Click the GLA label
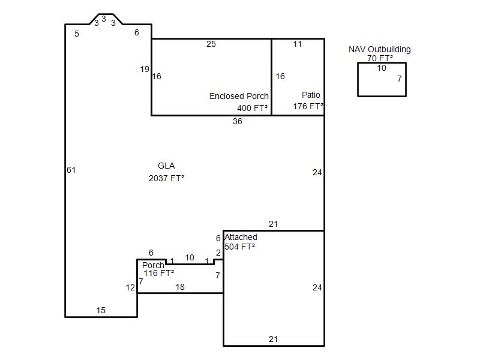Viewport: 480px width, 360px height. [166, 166]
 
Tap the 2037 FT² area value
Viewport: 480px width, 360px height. [166, 178]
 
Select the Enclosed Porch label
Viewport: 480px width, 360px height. [239, 96]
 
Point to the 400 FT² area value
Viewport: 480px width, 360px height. [252, 108]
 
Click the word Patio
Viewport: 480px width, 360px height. [311, 95]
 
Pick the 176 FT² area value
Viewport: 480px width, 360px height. [308, 106]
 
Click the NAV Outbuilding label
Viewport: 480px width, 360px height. [380, 49]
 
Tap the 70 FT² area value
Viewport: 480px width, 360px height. [380, 58]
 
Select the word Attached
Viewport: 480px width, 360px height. [241, 237]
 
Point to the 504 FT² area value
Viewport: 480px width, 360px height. [239, 247]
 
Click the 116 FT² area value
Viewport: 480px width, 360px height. [158, 273]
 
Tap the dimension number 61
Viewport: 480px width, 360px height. [71, 170]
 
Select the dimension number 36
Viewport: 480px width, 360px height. [237, 122]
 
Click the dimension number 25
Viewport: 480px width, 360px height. [211, 44]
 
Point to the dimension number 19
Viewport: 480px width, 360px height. [145, 69]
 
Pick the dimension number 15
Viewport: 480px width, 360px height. [101, 310]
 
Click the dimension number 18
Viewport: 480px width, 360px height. [180, 287]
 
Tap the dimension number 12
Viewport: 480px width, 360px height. [130, 288]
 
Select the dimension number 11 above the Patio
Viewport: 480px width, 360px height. [297, 44]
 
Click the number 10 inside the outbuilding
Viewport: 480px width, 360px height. [382, 68]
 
